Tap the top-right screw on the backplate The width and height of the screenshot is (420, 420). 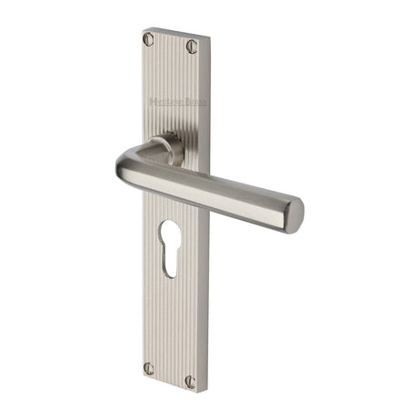(192, 46)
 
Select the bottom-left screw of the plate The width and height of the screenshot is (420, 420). (149, 368)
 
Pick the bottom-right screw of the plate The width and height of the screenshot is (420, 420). (191, 382)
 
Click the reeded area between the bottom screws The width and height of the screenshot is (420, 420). (170, 374)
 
